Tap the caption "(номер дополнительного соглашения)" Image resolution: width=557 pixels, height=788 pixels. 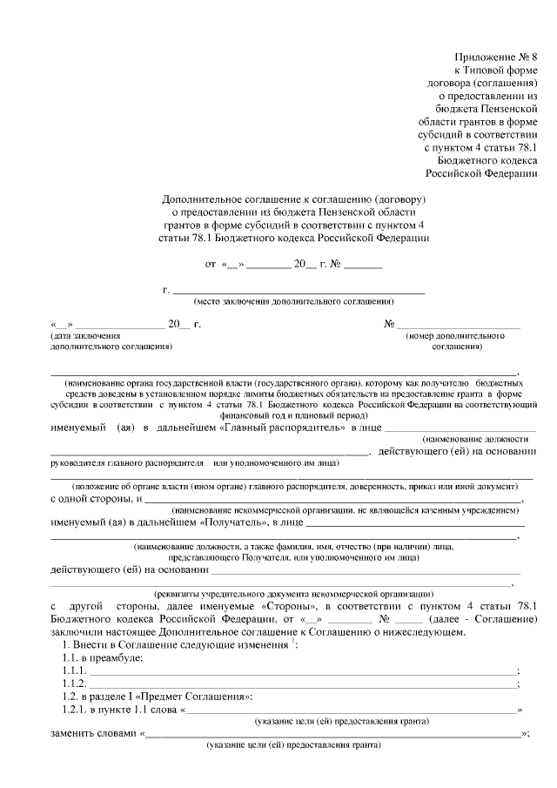[457, 340]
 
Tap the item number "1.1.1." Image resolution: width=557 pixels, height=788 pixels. [75, 671]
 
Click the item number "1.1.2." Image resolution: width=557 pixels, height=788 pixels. [75, 684]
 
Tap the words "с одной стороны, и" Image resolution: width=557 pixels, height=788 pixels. [96, 499]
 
